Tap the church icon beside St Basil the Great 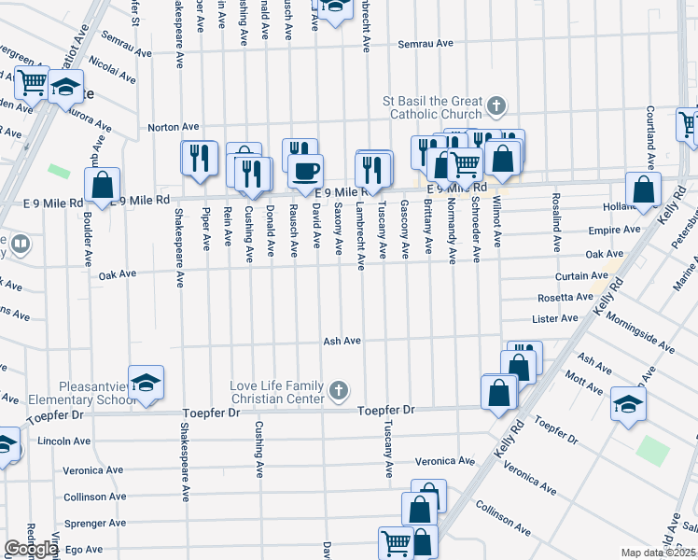[x=496, y=105]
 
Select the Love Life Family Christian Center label [x=278, y=392]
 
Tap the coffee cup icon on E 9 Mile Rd [x=304, y=171]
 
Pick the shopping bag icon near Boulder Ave [x=103, y=186]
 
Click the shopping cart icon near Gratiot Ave [x=33, y=83]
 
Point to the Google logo [x=30, y=549]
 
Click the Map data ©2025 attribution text [x=659, y=553]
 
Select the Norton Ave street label [x=174, y=127]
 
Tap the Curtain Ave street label [x=585, y=276]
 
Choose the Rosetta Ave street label [x=565, y=298]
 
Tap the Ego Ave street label [x=83, y=550]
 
